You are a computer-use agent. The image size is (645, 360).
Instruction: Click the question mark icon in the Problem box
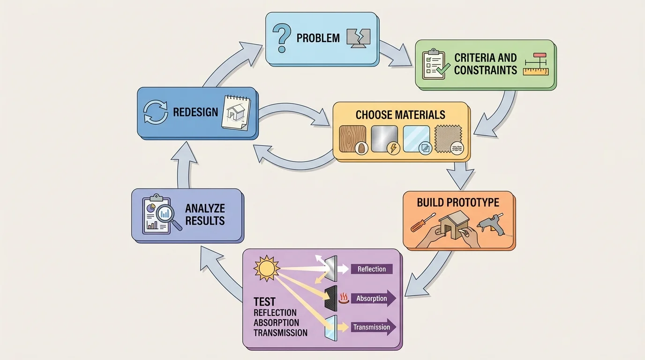click(282, 38)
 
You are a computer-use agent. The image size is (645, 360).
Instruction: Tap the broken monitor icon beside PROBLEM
click(358, 38)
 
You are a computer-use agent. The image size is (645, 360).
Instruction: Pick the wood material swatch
click(352, 139)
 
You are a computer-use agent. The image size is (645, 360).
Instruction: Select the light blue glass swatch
click(416, 139)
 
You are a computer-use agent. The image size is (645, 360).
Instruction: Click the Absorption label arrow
click(373, 299)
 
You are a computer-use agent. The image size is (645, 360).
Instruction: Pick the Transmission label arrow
click(373, 327)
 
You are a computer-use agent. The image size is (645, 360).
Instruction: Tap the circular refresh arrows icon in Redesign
click(155, 112)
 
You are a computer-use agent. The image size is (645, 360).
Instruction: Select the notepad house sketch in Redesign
click(235, 112)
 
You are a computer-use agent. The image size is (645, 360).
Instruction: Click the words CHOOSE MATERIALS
click(400, 115)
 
